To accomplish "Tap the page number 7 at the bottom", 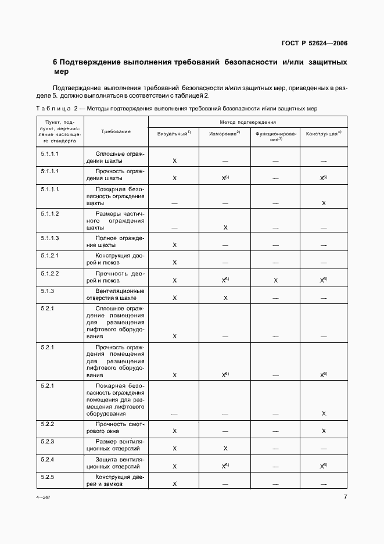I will [x=345, y=497].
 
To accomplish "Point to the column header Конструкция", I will [x=323, y=134].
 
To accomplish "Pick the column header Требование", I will [x=116, y=132].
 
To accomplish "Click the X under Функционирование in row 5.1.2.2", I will [x=275, y=280].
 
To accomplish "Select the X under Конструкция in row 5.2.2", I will [x=324, y=431].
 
